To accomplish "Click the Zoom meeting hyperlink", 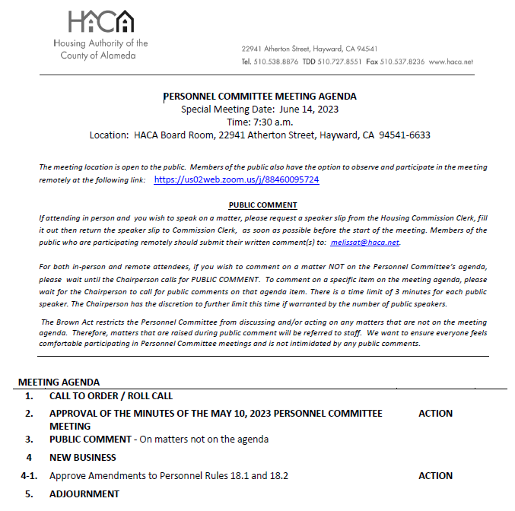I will pos(236,180).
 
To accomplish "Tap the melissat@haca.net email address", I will pos(364,243).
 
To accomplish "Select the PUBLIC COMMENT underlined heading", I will pos(262,205).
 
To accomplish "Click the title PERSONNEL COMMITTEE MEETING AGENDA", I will pos(260,97).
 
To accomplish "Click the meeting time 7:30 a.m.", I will pos(272,122).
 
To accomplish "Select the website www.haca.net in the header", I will pos(450,62).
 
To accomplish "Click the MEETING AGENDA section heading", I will pos(59,382).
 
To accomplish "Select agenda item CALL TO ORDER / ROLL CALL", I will pos(111,396).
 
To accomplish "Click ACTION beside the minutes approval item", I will pos(435,414).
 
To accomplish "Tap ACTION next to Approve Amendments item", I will pos(435,476).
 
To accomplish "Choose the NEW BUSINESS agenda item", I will pos(83,458).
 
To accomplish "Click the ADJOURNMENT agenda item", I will pos(84,494).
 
